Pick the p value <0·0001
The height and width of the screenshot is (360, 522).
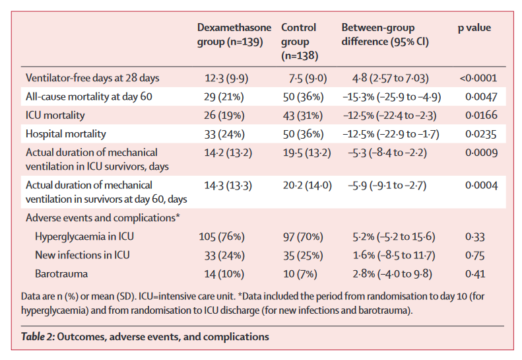coord(478,78)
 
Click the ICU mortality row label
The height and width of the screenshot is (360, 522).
coord(55,116)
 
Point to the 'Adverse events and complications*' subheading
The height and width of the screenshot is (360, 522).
coord(104,217)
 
